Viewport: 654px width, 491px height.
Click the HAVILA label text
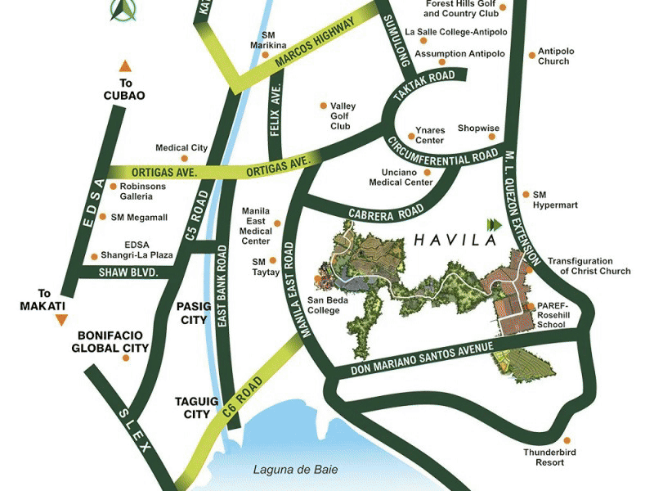point(455,241)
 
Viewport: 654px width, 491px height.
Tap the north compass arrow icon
point(123,9)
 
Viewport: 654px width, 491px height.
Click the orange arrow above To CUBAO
point(124,66)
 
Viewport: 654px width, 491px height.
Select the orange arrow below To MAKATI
point(59,320)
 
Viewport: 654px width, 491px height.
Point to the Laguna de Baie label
point(294,470)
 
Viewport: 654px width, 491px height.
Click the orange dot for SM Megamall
point(102,217)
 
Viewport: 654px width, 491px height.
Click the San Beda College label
point(328,304)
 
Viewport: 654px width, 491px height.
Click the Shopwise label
point(478,128)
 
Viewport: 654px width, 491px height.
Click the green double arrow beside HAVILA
point(492,223)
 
